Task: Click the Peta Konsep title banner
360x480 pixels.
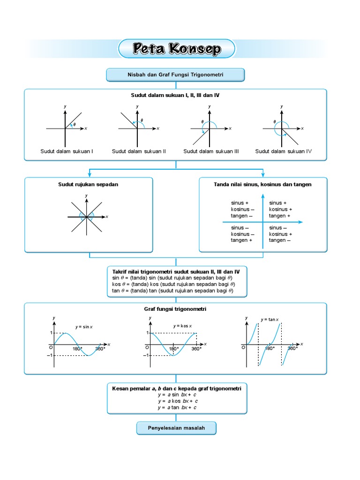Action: [177, 49]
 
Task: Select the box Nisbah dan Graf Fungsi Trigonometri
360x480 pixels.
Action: [176, 75]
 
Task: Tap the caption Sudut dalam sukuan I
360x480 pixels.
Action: [67, 151]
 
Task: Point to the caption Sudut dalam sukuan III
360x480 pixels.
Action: [211, 151]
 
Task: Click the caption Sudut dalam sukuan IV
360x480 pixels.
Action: [283, 151]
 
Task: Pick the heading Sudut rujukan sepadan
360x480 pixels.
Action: [88, 185]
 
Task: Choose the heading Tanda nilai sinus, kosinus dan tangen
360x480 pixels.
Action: [262, 185]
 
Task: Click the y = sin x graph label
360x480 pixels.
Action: [84, 327]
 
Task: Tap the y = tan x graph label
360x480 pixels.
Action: [270, 320]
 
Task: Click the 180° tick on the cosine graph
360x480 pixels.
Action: [173, 349]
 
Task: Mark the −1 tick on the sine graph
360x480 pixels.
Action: [49, 356]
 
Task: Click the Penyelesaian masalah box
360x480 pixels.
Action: [176, 428]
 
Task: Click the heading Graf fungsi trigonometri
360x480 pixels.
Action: [175, 309]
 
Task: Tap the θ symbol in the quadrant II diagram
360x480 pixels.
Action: [142, 120]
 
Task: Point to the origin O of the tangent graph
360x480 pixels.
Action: [243, 347]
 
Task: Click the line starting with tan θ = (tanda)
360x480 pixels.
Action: [172, 291]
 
